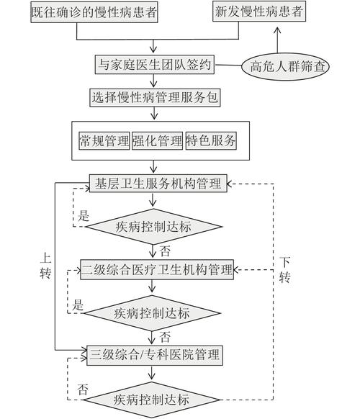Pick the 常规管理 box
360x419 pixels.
[x=104, y=140]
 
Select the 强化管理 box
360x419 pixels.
[x=157, y=140]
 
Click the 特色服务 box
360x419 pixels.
[x=211, y=140]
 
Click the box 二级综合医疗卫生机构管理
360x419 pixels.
[x=157, y=270]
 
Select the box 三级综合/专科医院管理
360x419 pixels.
[x=156, y=354]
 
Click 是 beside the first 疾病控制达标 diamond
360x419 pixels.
[x=84, y=215]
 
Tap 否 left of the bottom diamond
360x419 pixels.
[x=84, y=388]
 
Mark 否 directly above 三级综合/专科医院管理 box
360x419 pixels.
[x=165, y=337]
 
